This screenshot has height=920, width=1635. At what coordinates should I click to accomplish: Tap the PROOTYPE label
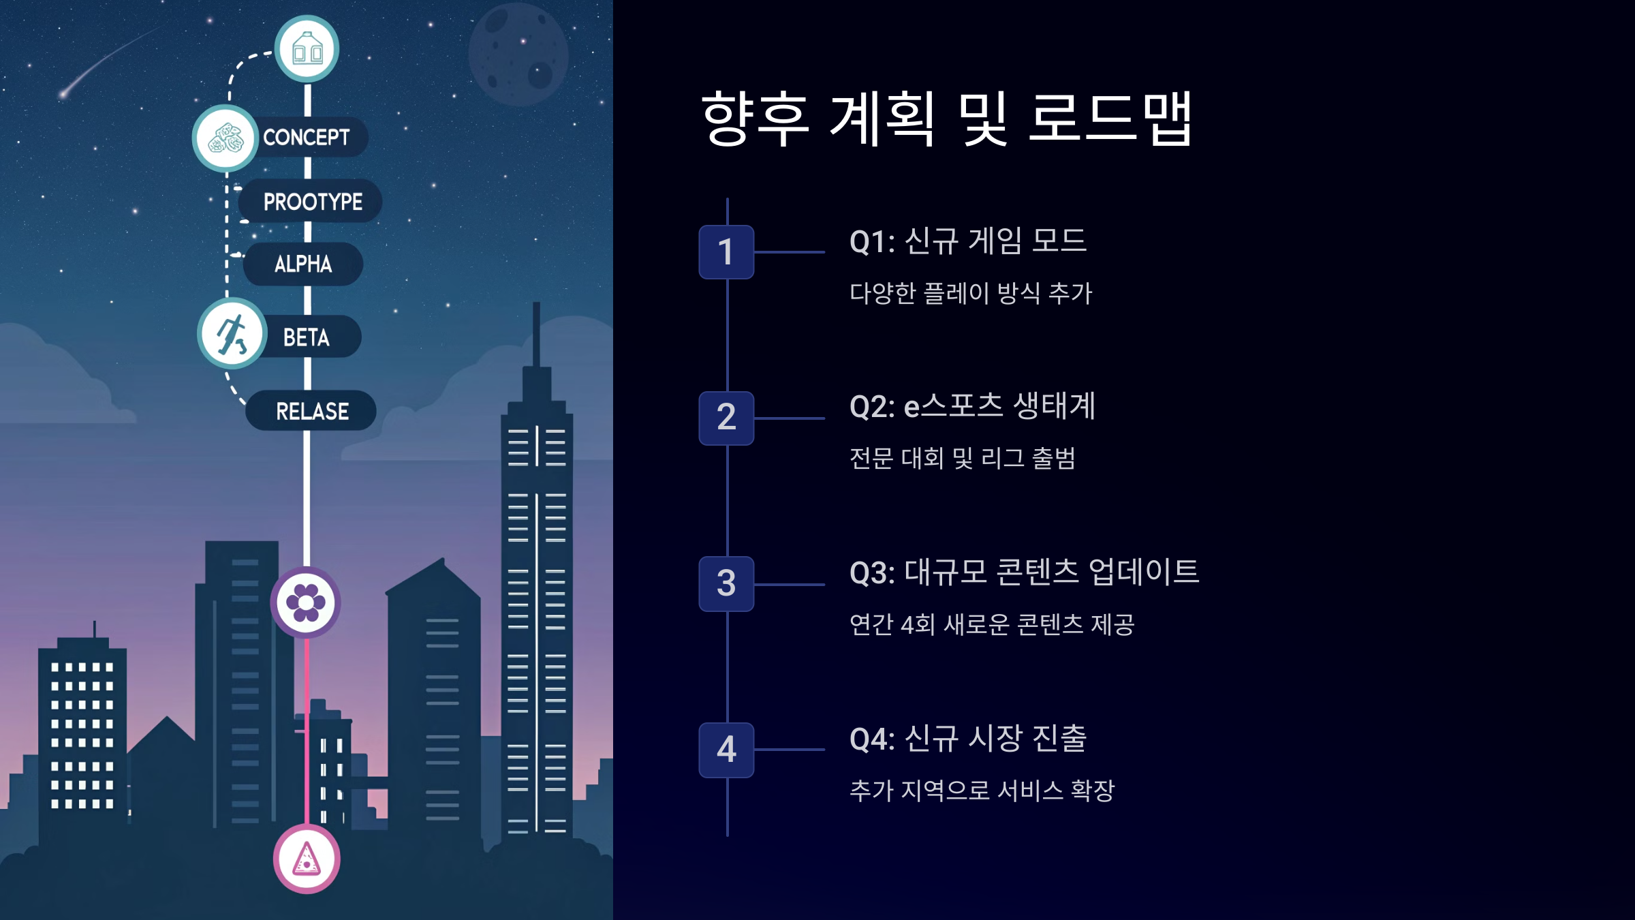(x=313, y=202)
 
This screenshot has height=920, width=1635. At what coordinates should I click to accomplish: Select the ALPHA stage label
(x=303, y=264)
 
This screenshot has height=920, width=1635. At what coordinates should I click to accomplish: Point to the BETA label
(x=307, y=337)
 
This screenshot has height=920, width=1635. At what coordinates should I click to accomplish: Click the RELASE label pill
(x=312, y=411)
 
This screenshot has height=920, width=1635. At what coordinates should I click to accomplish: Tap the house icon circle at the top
(x=307, y=49)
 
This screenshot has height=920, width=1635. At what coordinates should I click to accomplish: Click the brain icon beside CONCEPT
(x=225, y=138)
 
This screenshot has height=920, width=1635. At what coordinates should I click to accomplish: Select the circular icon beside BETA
(x=232, y=334)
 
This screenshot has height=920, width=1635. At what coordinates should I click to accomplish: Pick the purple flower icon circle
(x=306, y=602)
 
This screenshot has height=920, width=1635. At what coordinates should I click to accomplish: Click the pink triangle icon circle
(x=307, y=859)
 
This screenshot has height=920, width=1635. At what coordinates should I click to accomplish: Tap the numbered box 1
(x=726, y=252)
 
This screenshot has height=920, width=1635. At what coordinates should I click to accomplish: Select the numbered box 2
(x=726, y=418)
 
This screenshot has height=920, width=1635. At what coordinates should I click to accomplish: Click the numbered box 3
(x=726, y=584)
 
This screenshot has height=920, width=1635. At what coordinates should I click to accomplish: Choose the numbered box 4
(x=726, y=750)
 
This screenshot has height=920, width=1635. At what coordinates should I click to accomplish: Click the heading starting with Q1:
(x=967, y=241)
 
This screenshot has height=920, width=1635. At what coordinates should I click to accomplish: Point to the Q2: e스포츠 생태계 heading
(x=972, y=407)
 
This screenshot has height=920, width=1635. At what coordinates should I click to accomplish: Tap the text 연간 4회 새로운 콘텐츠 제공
(x=992, y=624)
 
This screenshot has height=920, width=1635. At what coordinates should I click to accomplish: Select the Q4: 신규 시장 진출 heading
(x=967, y=739)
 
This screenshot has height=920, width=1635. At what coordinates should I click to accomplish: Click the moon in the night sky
(x=518, y=55)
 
